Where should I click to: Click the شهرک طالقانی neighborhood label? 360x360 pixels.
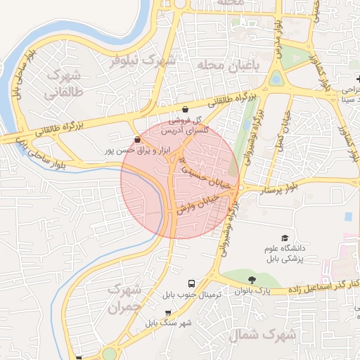pos(63,84)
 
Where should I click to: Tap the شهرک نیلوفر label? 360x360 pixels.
pos(141,60)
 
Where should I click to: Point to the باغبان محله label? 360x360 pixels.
pos(228,65)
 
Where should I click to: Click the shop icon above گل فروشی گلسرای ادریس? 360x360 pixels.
pos(185,110)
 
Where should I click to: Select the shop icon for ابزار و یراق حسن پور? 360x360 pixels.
pos(136,139)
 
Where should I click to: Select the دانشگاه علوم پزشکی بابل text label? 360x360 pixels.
pos(285,255)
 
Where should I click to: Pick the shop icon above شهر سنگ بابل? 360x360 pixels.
pos(167,313)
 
